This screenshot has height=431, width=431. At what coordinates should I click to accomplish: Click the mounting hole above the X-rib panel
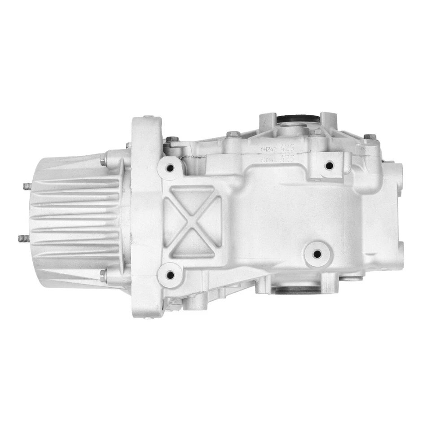(x=170, y=168)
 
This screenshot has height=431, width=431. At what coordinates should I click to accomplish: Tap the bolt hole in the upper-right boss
(x=329, y=165)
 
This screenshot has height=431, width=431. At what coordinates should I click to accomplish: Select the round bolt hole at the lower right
(x=317, y=254)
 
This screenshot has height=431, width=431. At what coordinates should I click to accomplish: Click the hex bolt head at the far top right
(x=368, y=136)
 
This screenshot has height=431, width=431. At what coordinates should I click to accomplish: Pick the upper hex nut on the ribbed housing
(x=103, y=158)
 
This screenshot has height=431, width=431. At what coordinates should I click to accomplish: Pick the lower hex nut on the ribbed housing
(x=103, y=275)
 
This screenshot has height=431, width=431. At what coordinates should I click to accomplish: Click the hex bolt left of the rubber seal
(x=232, y=134)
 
